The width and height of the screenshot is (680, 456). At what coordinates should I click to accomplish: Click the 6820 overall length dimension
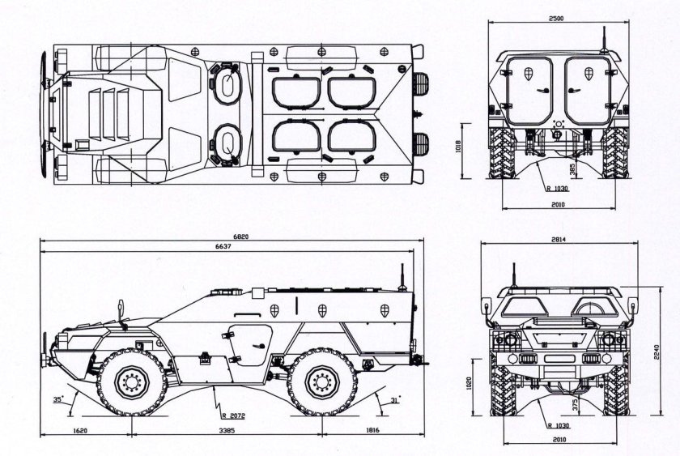tap(240, 237)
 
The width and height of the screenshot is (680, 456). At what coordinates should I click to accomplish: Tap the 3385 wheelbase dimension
tap(227, 430)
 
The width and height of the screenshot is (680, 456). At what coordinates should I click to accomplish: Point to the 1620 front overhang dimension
tap(80, 430)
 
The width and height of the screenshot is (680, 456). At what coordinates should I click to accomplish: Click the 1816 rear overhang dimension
tap(372, 430)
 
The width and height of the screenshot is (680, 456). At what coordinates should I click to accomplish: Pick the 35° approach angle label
tap(58, 399)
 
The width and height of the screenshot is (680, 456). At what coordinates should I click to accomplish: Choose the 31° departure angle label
tap(395, 400)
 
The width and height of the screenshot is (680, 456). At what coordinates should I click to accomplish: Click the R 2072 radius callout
tap(233, 416)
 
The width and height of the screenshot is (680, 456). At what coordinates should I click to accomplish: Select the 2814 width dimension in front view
tap(559, 240)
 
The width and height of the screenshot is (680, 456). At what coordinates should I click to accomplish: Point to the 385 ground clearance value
tap(572, 169)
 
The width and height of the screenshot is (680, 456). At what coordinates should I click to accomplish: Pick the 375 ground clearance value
tap(575, 404)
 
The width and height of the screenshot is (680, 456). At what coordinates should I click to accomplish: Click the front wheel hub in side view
tap(132, 382)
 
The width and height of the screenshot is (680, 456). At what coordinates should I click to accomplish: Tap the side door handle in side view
tap(259, 346)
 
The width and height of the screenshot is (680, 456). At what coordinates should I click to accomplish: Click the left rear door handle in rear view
tap(542, 90)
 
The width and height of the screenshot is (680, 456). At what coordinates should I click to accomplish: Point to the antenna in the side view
tap(402, 277)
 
